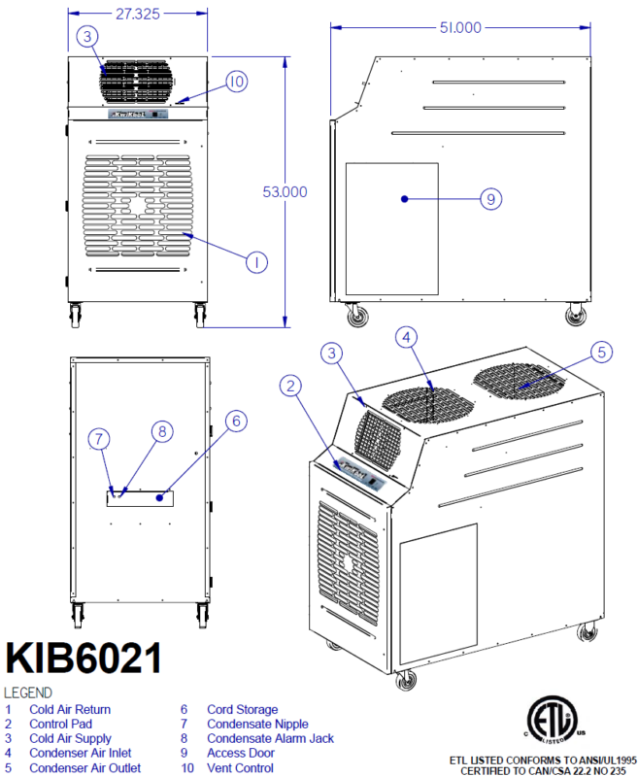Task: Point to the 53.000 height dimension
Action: coord(285,192)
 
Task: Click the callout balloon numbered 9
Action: coord(491,199)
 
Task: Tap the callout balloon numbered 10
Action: coord(237,82)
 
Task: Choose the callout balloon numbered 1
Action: coord(254,261)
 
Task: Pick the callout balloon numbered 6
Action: coord(235,422)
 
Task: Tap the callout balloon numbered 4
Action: coord(408,338)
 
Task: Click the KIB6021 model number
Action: coord(84,658)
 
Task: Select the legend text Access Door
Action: coord(241,753)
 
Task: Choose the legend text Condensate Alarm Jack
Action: coord(270,738)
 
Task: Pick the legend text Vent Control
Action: coord(240,767)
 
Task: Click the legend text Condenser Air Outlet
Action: coord(84,767)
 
